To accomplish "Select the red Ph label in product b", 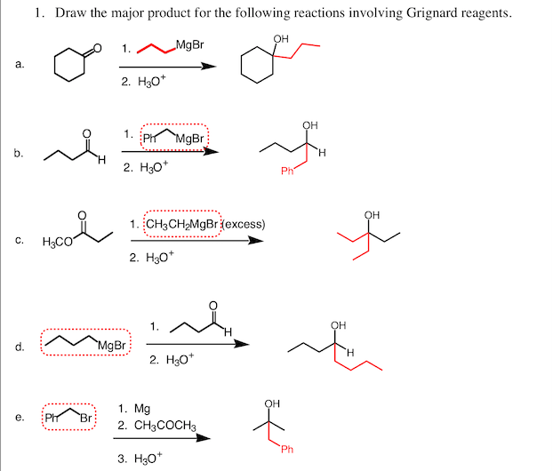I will coord(286,172).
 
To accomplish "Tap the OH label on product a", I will coord(282,38).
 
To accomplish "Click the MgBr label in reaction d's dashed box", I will coord(113,345).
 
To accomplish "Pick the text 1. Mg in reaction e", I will coord(133,409).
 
